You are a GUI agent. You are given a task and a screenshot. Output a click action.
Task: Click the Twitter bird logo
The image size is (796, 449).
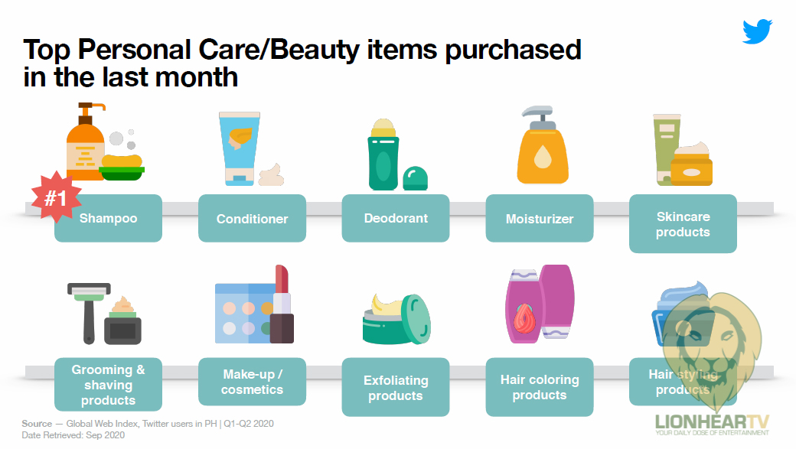pos(758,31)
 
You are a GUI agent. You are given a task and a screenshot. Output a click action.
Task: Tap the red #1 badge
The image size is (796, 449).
pos(56,197)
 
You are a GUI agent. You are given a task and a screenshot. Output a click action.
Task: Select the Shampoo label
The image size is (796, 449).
pos(108,218)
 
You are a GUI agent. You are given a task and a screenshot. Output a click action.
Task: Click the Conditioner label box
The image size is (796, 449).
pos(253,218)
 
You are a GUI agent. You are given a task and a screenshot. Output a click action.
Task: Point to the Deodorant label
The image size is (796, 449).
pos(396,218)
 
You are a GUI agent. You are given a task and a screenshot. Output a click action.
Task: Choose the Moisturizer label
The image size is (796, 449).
pos(540,218)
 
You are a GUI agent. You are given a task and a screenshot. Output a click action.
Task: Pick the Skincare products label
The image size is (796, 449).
pos(683,224)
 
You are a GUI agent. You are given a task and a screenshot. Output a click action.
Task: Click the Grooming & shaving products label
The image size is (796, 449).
pos(108,385)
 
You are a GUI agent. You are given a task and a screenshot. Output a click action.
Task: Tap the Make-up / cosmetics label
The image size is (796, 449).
pos(253,382)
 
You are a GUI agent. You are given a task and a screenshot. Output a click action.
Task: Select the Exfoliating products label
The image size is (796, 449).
pos(396,387)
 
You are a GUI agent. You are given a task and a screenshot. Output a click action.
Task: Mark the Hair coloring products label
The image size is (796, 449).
pos(540,387)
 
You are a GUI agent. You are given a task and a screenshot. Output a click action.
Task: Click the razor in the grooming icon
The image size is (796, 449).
pos(89,313)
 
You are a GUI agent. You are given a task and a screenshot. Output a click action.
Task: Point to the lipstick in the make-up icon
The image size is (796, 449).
pos(282,304)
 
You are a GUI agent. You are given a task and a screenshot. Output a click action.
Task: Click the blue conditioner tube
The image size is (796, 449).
pos(239,148)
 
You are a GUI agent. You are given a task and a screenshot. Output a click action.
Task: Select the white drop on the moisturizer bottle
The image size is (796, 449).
pos(543,157)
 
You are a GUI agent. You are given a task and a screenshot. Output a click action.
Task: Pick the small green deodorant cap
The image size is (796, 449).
pos(416,178)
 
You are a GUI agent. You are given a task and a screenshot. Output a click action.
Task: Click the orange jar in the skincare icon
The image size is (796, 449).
pos(691,171)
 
